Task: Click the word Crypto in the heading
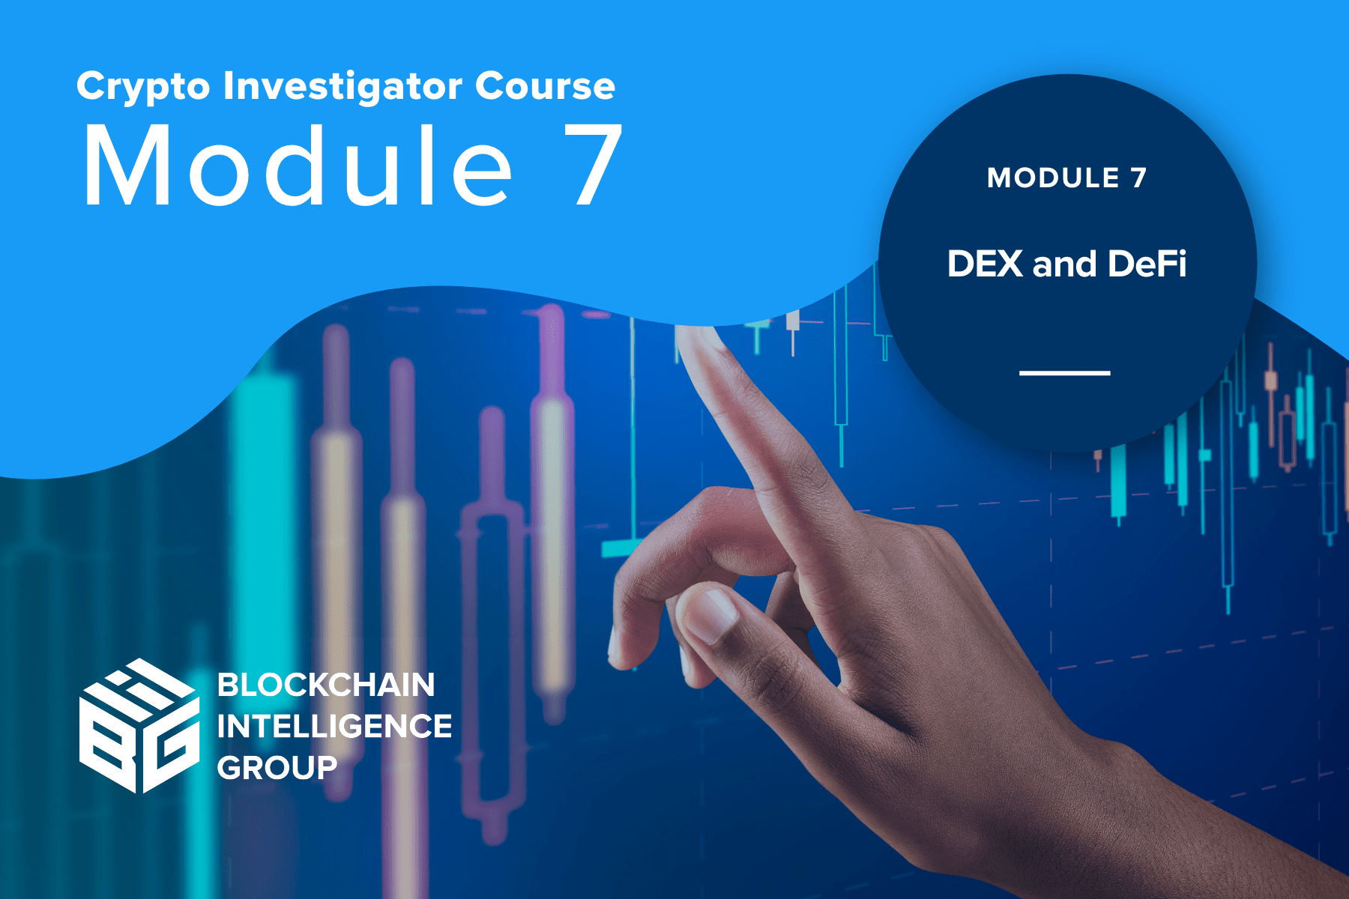(x=143, y=87)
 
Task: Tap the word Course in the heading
(x=545, y=86)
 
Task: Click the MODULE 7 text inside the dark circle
(x=1066, y=178)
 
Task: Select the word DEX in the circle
(x=985, y=264)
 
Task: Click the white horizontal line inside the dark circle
(x=1064, y=372)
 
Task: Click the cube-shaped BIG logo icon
(x=139, y=725)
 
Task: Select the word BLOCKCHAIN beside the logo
(x=326, y=685)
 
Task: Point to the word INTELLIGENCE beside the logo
(x=334, y=726)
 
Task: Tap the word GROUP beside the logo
(x=277, y=768)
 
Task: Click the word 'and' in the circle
(x=1065, y=264)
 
